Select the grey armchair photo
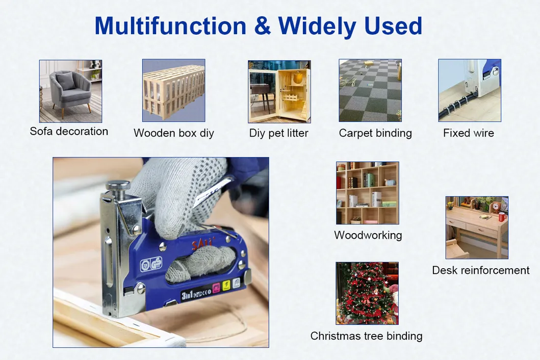pyautogui.click(x=70, y=91)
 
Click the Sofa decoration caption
pyautogui.click(x=69, y=131)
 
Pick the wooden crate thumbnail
pyautogui.click(x=173, y=90)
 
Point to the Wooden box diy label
pyautogui.click(x=173, y=133)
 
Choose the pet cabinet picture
pyautogui.click(x=279, y=91)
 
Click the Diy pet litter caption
pyautogui.click(x=278, y=133)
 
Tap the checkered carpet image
pyautogui.click(x=370, y=90)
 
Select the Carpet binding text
pyautogui.click(x=375, y=133)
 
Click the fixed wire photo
pyautogui.click(x=470, y=90)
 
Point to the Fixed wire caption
pyautogui.click(x=468, y=133)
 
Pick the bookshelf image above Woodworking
pyautogui.click(x=367, y=193)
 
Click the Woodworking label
pyautogui.click(x=368, y=235)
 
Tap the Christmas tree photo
pyautogui.click(x=367, y=293)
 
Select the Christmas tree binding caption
pyautogui.click(x=366, y=336)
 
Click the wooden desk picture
pyautogui.click(x=477, y=227)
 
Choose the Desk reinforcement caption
pyautogui.click(x=481, y=270)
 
